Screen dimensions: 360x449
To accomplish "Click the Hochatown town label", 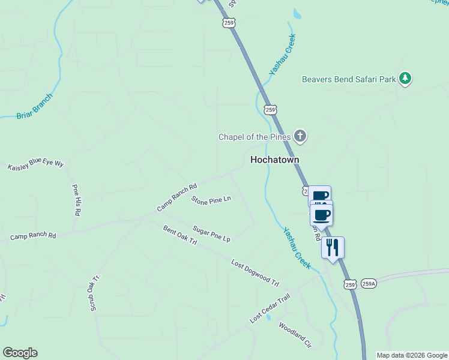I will pyautogui.click(x=274, y=160).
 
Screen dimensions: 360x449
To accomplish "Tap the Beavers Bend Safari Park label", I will pyautogui.click(x=349, y=79).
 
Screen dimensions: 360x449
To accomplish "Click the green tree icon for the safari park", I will pyautogui.click(x=406, y=79).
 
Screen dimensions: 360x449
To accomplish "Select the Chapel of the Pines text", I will pyautogui.click(x=255, y=137).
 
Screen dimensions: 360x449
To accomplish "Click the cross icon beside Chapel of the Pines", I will pyautogui.click(x=300, y=137).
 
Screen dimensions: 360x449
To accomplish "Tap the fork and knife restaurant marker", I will pyautogui.click(x=333, y=247).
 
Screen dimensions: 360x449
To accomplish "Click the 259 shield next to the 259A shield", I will pyautogui.click(x=351, y=283).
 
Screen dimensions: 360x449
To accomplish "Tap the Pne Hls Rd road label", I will pyautogui.click(x=76, y=200).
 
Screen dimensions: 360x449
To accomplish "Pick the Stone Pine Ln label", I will pyautogui.click(x=211, y=199).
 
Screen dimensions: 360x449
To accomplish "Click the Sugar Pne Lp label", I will pyautogui.click(x=211, y=233).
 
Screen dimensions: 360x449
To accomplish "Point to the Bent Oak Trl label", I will pyautogui.click(x=180, y=235).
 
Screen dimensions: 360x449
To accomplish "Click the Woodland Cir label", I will pyautogui.click(x=296, y=335).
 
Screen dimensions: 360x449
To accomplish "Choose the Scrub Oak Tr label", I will pyautogui.click(x=95, y=293).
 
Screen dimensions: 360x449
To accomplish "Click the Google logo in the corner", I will pyautogui.click(x=20, y=353).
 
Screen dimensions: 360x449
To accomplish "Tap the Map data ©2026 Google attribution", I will pyautogui.click(x=412, y=355).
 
